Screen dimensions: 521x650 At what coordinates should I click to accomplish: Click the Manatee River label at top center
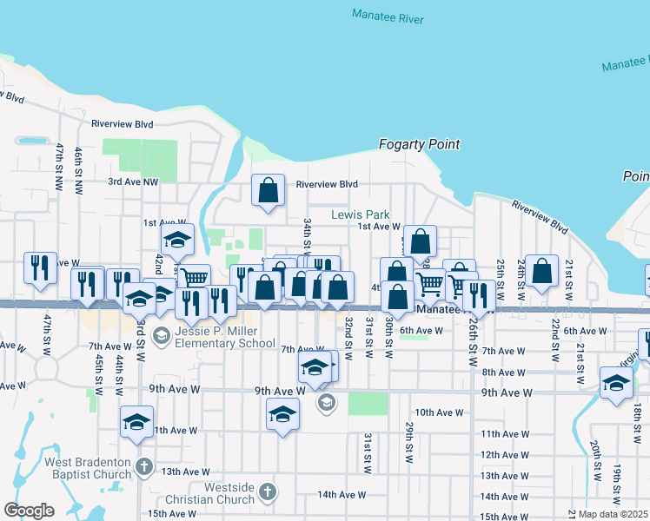click(x=388, y=16)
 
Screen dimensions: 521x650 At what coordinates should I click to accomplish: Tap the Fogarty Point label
click(x=420, y=144)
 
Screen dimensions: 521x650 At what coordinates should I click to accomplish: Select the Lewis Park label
click(x=360, y=214)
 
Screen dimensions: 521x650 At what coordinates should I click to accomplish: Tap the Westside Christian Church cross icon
click(x=268, y=492)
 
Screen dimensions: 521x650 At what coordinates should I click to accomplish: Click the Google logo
click(x=29, y=511)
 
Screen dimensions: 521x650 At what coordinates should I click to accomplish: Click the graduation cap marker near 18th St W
click(x=616, y=383)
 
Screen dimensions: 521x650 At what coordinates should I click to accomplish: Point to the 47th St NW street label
click(x=59, y=167)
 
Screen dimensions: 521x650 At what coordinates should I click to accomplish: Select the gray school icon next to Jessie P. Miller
click(x=161, y=335)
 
